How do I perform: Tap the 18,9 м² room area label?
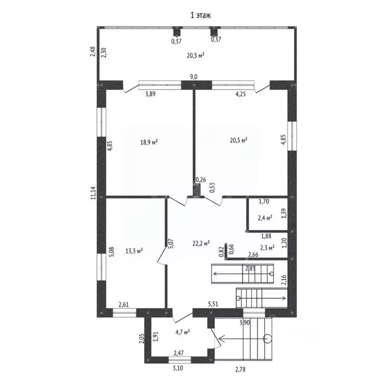[149, 142]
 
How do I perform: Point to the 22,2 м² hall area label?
[201, 243]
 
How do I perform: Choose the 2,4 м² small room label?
[265, 218]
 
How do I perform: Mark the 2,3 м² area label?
[267, 247]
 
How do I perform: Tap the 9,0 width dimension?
[193, 76]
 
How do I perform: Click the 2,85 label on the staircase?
[250, 269]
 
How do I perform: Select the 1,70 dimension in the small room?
[264, 202]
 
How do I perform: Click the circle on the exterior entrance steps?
[268, 339]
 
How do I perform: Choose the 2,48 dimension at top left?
[93, 52]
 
